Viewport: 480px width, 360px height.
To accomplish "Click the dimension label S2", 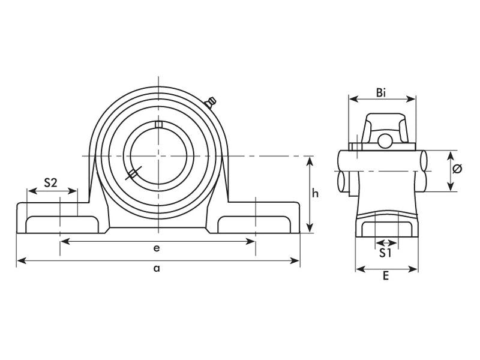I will (x=51, y=183).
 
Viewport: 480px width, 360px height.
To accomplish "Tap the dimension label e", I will (x=157, y=248).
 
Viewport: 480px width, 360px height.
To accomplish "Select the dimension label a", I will (x=157, y=268).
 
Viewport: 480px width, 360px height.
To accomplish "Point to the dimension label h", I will (x=322, y=193).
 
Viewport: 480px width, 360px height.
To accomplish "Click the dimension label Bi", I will (x=381, y=92).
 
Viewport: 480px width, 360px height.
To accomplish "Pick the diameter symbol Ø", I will (x=457, y=169).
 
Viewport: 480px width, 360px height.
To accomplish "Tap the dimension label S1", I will (x=386, y=253).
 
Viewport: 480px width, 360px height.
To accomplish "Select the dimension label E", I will (x=386, y=276).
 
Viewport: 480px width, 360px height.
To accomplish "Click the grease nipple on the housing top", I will (x=211, y=103).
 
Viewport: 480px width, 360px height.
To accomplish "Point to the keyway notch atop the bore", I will (x=159, y=124).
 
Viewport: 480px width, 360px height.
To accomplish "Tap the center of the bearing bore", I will (x=159, y=156).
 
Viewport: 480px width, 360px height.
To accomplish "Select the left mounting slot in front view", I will (x=60, y=223).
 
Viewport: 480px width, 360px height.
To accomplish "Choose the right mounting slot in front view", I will (x=256, y=223).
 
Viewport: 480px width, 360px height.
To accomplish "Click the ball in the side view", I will (x=385, y=141).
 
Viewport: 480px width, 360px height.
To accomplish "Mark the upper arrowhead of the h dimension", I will (x=310, y=160).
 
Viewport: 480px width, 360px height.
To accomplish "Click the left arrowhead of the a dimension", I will (x=19, y=260).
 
